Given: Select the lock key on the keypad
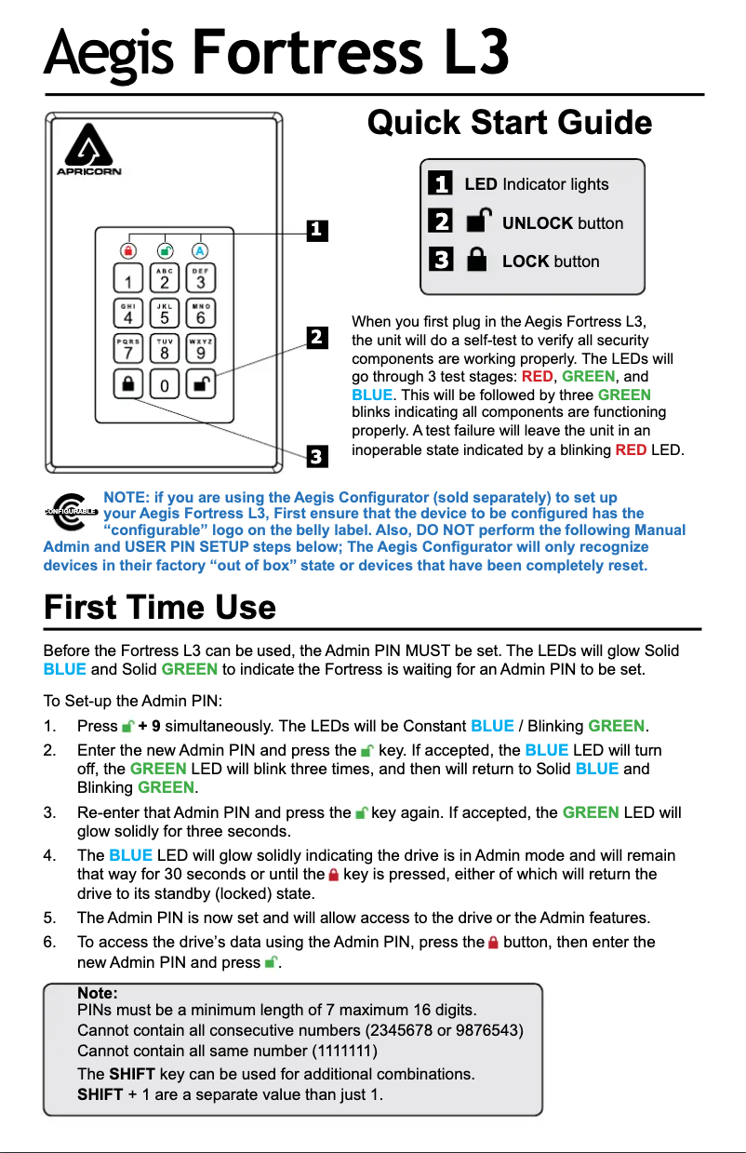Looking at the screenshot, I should [x=128, y=382].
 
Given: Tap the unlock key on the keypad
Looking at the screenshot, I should [x=200, y=382].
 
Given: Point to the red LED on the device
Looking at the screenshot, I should [x=128, y=250].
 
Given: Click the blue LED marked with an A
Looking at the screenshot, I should [x=200, y=250].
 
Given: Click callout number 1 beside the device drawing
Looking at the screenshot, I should [x=316, y=229].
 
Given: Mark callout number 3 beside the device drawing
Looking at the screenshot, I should [x=316, y=456].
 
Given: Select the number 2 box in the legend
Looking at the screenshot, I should [x=441, y=221].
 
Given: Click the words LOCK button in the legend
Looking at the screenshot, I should [x=551, y=261].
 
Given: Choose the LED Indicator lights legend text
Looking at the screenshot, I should [x=537, y=184].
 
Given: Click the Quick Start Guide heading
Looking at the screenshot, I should [x=510, y=123].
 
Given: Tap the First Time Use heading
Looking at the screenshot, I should [x=160, y=609].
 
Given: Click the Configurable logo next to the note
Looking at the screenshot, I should [x=71, y=511].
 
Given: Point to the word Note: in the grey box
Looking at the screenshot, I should [x=97, y=994].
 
